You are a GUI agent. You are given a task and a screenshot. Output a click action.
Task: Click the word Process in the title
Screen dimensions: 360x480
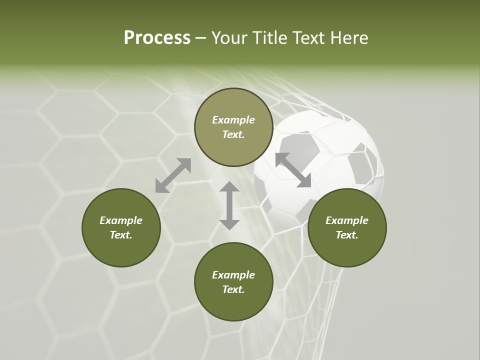pos(157,38)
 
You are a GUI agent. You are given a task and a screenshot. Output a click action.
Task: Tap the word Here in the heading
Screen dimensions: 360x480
pos(348,38)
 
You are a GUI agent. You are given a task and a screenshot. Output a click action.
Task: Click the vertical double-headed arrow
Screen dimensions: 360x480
pos(229,205)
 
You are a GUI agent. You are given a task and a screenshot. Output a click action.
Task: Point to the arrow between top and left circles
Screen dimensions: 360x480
pos(173,175)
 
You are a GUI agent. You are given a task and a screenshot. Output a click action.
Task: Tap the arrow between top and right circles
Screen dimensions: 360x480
pos(293,170)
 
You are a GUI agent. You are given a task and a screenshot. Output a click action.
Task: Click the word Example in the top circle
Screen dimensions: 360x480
pos(233,120)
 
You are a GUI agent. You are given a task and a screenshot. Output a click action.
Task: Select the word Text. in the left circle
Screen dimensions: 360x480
pos(121,235)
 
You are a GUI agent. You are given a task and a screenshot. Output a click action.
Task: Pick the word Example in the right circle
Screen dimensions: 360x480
pos(347,220)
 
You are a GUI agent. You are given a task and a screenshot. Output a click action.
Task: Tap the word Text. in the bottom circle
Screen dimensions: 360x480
pos(233,289)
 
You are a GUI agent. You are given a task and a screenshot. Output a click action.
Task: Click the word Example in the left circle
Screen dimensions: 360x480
pos(121,220)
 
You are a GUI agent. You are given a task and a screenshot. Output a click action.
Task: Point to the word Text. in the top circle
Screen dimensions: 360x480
pos(233,134)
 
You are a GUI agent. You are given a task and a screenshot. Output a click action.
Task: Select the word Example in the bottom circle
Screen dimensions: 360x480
pos(233,275)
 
